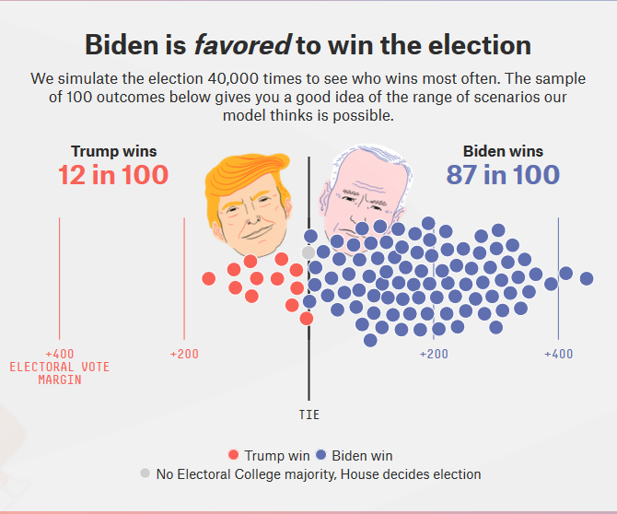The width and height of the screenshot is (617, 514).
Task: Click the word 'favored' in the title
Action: click(x=242, y=44)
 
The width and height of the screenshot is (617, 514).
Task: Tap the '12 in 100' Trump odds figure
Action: click(x=113, y=174)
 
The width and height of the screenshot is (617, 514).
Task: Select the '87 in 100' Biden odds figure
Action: click(x=502, y=174)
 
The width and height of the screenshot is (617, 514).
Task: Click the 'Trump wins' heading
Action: click(x=113, y=151)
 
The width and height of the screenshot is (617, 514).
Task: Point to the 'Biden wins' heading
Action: click(x=503, y=151)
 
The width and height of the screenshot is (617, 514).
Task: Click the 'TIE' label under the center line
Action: click(x=309, y=415)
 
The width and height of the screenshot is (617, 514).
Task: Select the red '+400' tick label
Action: click(x=59, y=354)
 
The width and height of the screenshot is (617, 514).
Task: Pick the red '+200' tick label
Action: click(x=184, y=354)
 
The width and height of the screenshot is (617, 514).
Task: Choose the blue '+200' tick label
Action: click(x=434, y=354)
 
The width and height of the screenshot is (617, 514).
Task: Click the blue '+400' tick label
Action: click(x=558, y=354)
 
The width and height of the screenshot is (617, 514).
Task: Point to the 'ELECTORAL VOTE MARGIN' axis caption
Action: click(x=59, y=373)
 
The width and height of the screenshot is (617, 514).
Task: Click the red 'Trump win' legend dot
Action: click(x=234, y=455)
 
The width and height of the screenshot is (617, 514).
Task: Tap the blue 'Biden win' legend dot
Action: click(x=320, y=455)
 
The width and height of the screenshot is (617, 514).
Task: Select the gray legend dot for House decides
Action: click(x=145, y=473)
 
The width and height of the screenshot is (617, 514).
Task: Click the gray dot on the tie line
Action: click(x=309, y=251)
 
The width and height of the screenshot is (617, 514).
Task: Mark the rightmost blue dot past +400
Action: click(x=586, y=276)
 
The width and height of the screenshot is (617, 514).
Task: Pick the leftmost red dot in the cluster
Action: click(x=210, y=277)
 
